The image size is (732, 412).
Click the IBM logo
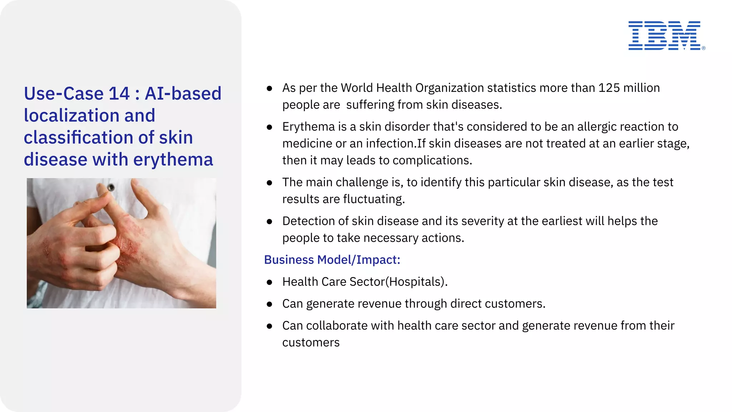pos(664,35)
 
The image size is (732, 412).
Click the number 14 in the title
pos(119,94)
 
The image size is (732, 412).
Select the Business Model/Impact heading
pos(332,260)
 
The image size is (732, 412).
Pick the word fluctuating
pos(374,199)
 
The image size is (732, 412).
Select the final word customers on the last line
pos(311,343)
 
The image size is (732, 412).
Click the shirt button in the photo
pos(111,187)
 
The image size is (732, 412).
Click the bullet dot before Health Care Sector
pos(269,283)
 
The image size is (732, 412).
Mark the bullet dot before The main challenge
pos(269,183)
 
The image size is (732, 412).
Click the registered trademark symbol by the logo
pos(703,48)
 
